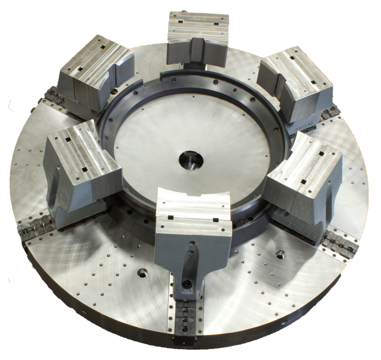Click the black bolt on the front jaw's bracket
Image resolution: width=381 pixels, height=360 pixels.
pyautogui.click(x=187, y=284)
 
